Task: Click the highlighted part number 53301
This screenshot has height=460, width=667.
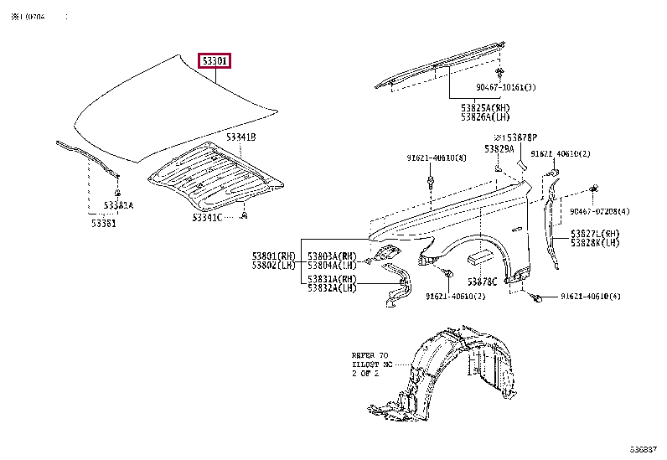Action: (x=214, y=61)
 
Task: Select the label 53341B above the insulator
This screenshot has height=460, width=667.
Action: (x=240, y=137)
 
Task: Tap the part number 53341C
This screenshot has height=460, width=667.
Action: (x=206, y=218)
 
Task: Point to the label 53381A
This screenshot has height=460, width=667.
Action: (x=118, y=205)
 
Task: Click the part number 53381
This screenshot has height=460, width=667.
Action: (x=104, y=224)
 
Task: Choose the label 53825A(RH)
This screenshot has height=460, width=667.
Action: (x=485, y=108)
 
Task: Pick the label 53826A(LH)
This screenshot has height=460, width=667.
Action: (x=485, y=117)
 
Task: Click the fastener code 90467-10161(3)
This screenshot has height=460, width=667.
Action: (x=504, y=87)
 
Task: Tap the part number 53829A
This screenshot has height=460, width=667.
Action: (x=499, y=149)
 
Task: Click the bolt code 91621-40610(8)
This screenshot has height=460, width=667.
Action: (x=437, y=158)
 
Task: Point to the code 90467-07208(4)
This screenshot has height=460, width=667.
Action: (x=600, y=211)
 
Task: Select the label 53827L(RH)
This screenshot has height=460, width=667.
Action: (x=596, y=234)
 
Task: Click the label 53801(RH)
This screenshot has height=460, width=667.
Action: (x=274, y=256)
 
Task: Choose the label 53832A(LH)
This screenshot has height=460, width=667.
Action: (x=332, y=287)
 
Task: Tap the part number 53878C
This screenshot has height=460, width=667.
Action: (x=482, y=282)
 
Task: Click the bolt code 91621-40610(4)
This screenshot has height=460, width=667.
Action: (x=591, y=297)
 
